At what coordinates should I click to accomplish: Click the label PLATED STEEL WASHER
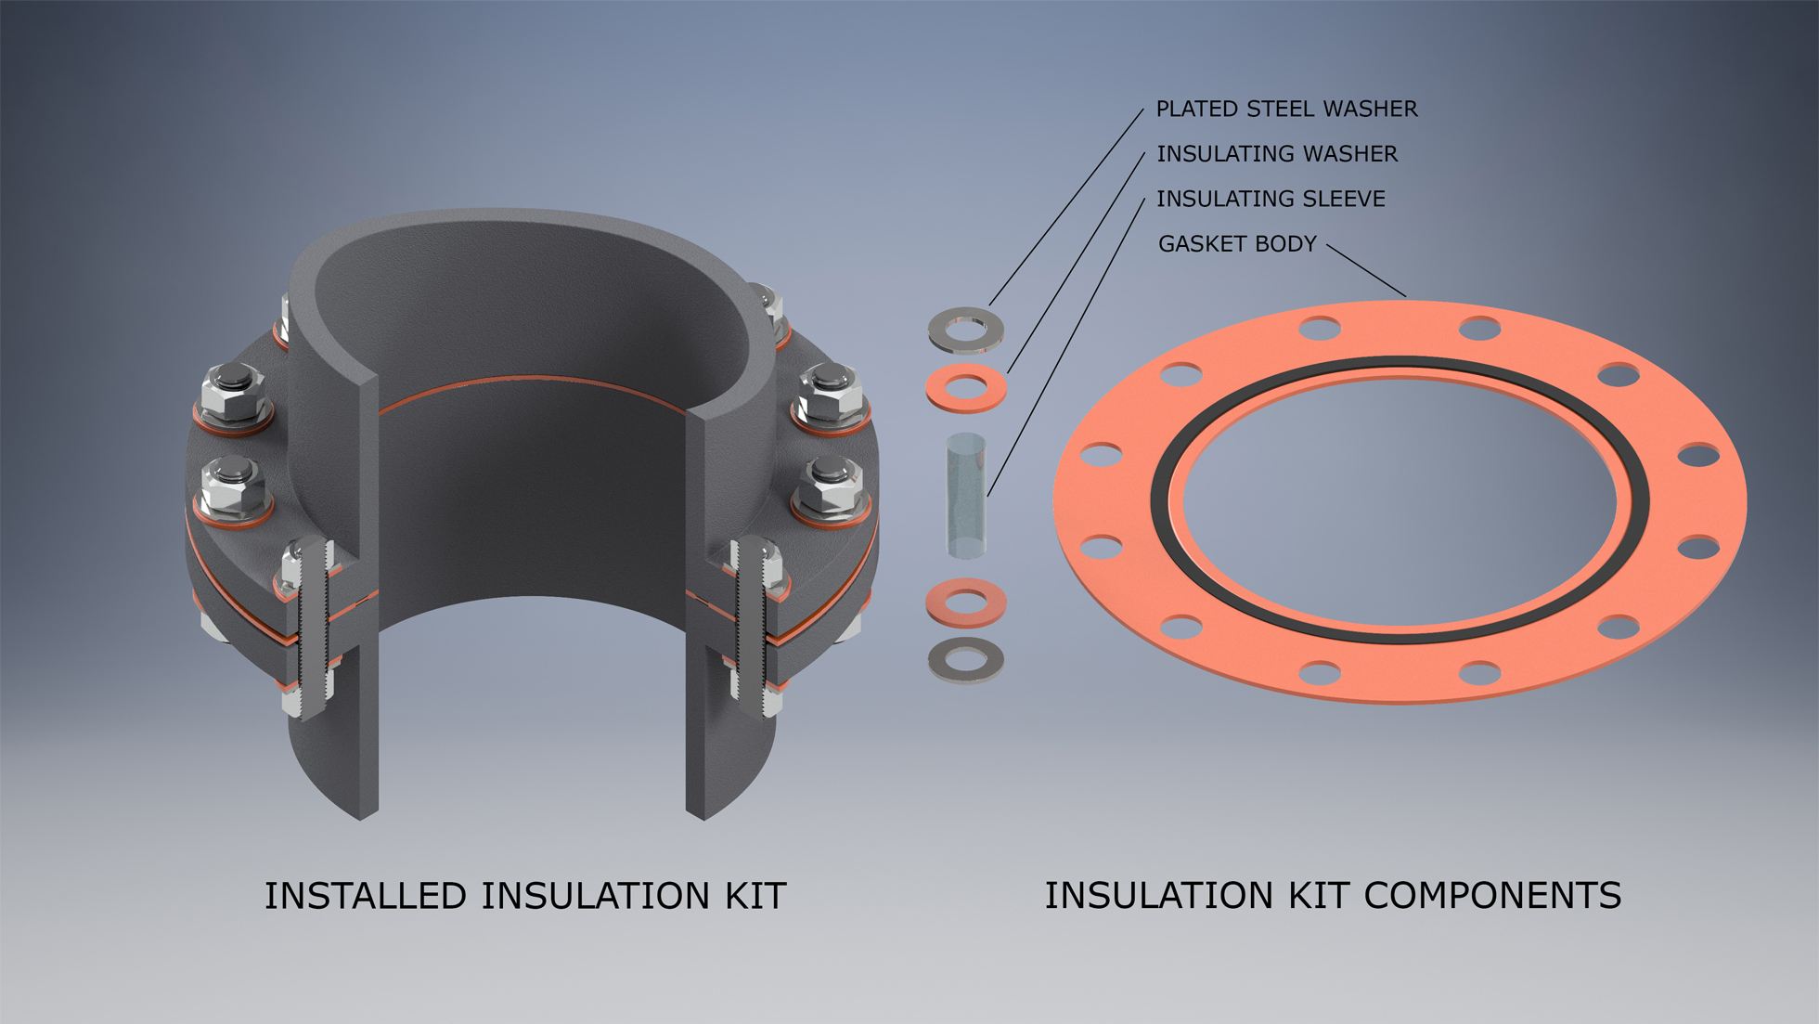pos(1286,110)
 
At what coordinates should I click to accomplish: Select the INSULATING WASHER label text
pos(1276,154)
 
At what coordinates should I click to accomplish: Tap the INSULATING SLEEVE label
pos(1270,199)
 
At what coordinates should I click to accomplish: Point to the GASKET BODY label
pos(1236,244)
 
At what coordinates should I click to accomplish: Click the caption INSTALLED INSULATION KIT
pos(525,896)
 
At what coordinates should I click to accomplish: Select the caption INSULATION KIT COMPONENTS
pos(1333,896)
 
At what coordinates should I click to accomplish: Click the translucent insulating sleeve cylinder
pos(966,497)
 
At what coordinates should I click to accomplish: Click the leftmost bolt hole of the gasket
pos(1102,455)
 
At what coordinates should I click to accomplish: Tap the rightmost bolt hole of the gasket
pos(1699,455)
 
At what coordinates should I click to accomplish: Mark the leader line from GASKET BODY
pos(1366,270)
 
